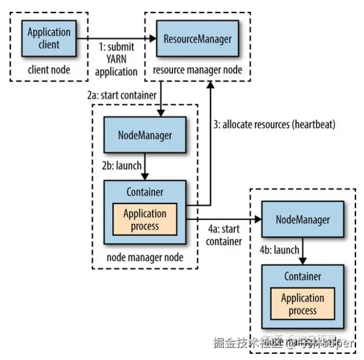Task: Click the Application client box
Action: pyautogui.click(x=48, y=38)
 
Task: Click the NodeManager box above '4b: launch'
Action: pyautogui.click(x=303, y=220)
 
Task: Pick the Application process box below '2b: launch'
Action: pyautogui.click(x=145, y=220)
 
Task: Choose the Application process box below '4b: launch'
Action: pyautogui.click(x=303, y=304)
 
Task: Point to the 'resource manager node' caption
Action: pyautogui.click(x=197, y=70)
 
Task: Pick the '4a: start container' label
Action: pyautogui.click(x=223, y=235)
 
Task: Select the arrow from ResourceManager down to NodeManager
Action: pyautogui.click(x=161, y=98)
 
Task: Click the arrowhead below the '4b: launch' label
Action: pyautogui.click(x=303, y=260)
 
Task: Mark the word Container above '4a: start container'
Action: pyautogui.click(x=145, y=192)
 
